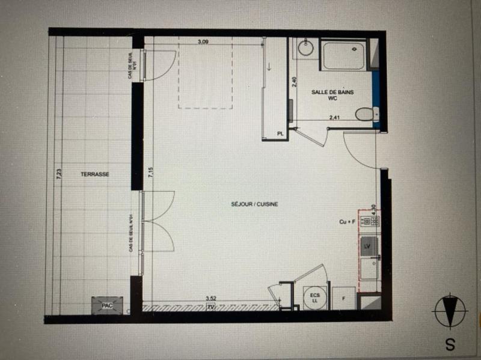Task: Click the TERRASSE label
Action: point(95,174)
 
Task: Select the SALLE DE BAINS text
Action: point(332,93)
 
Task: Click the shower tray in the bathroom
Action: point(344,55)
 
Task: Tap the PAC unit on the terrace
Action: point(108,305)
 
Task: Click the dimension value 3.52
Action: point(210,298)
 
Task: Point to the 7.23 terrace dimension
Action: point(59,174)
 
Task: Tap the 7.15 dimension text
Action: point(151,174)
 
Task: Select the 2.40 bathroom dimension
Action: point(294,82)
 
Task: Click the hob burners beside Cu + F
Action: point(369,221)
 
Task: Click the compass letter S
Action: point(449,344)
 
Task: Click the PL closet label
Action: point(280,133)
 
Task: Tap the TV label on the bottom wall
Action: point(210,307)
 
